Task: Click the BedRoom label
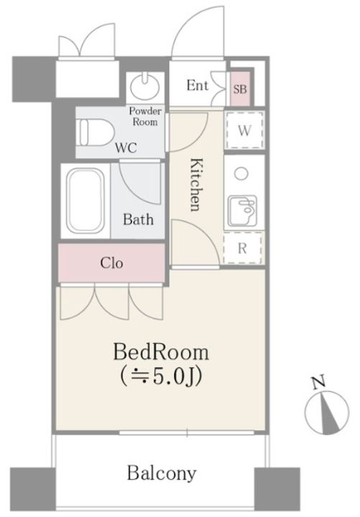pos(161,352)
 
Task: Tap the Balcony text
pos(162,473)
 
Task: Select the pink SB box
pos(240,88)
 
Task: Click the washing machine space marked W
pos(244,131)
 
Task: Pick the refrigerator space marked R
pos(243,248)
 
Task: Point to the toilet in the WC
pos(95,133)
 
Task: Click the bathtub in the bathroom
pos(86,201)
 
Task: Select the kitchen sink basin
pos(243,211)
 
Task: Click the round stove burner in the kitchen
pos(242,174)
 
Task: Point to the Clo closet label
pos(111,263)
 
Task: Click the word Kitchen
pos(196,185)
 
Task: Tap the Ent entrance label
pos(198,85)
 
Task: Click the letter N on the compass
pos(319,383)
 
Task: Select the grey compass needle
pos(330,414)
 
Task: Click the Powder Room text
pos(145,116)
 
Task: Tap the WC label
pos(126,148)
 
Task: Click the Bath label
pos(138,219)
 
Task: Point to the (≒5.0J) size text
pos(161,376)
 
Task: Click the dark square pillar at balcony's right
pos(277,489)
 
